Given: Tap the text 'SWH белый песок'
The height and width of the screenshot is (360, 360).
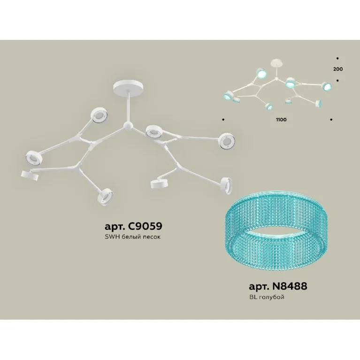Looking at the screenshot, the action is (133, 237).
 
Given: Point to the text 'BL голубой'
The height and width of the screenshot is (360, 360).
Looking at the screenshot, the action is (267, 297).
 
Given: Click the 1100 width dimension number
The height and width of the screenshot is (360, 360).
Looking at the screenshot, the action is (281, 120).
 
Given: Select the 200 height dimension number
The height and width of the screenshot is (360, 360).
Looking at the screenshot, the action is (338, 69).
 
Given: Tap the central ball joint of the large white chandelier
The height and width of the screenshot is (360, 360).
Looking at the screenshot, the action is (128, 126).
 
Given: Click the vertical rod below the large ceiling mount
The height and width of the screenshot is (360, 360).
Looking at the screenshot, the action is (128, 107).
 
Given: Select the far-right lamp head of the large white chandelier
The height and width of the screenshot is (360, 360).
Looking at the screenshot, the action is (227, 142).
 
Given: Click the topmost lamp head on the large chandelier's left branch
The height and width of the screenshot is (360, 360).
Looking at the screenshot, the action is (99, 115).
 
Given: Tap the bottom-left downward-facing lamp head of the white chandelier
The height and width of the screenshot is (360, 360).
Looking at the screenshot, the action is (30, 176).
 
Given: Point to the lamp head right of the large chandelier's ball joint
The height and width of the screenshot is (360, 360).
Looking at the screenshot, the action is (154, 132).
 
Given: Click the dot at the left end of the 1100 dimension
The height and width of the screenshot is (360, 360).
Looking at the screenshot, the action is (223, 120).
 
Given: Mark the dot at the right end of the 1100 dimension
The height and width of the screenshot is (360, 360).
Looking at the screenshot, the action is (331, 120).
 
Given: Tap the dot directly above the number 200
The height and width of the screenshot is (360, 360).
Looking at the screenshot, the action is (337, 59).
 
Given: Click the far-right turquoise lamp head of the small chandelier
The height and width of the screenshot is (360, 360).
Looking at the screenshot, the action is (327, 86).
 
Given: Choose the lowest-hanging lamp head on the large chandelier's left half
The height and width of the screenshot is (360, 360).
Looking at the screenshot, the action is (105, 197).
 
